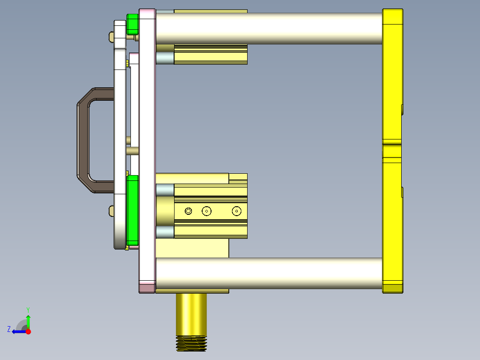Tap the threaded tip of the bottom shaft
click(x=191, y=344)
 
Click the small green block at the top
click(x=132, y=24)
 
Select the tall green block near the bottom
click(x=133, y=209)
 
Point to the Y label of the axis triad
click(x=28, y=309)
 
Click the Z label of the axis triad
click(x=9, y=329)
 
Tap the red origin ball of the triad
click(x=28, y=331)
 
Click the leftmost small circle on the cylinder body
click(x=188, y=211)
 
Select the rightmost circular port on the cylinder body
click(x=236, y=211)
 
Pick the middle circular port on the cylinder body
click(x=206, y=211)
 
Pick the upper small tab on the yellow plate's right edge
click(x=402, y=110)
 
